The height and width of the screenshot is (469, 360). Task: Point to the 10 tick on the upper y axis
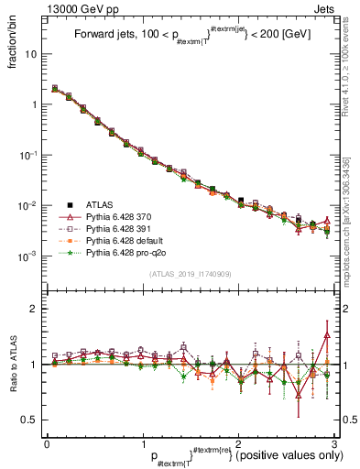(32, 54)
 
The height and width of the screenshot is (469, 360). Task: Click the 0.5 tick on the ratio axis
(31, 420)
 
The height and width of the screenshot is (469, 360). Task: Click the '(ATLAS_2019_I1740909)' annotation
(190, 274)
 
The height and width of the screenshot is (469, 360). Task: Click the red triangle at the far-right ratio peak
(327, 335)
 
